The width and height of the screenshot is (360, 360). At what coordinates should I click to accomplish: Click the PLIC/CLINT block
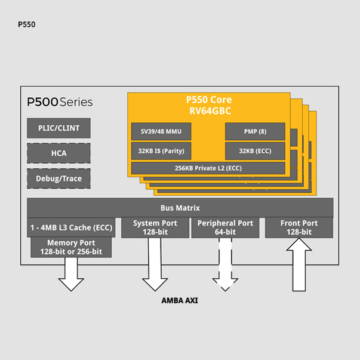click(x=59, y=128)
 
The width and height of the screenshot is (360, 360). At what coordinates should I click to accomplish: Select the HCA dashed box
click(x=59, y=153)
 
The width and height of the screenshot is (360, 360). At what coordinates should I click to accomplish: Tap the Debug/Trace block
click(x=59, y=179)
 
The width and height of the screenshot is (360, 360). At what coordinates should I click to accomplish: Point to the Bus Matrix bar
click(x=180, y=208)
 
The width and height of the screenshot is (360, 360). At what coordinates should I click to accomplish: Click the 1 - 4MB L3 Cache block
click(x=71, y=227)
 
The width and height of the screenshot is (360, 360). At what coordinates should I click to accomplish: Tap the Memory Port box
click(x=71, y=247)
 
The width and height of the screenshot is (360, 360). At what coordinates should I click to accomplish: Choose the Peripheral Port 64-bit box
click(x=224, y=227)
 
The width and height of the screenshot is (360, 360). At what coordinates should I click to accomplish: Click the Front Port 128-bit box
click(x=299, y=227)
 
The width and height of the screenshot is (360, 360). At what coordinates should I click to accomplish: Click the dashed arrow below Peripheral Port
click(x=225, y=265)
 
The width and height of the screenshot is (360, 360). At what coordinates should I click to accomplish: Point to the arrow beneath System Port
click(x=155, y=265)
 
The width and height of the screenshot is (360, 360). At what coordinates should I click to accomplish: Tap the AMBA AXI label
click(x=180, y=301)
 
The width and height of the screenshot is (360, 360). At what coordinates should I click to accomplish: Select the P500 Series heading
click(x=60, y=102)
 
